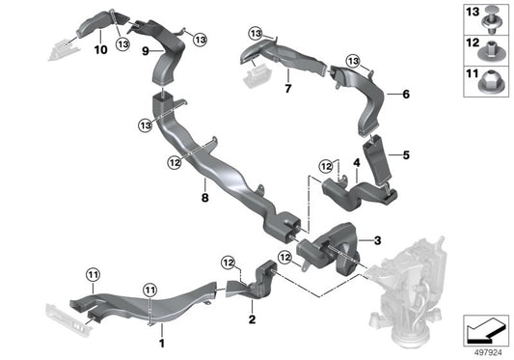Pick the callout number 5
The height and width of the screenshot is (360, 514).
(x=406, y=155)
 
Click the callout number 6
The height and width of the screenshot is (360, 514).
(x=405, y=95)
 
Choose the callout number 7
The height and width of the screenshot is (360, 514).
(x=286, y=89)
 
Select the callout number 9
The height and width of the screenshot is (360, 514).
(x=145, y=50)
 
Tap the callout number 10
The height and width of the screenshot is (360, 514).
(x=99, y=45)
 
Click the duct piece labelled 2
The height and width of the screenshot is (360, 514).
(x=257, y=286)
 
